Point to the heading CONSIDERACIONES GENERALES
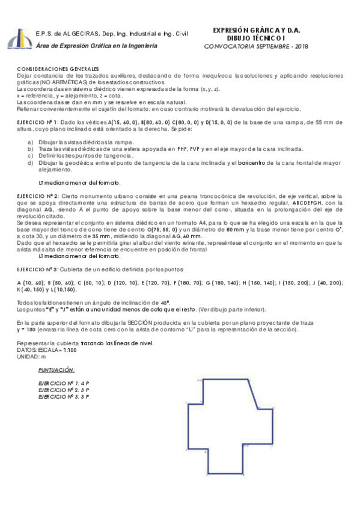[x=58, y=70]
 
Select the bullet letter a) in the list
[x=31, y=141]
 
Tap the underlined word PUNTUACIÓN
[x=56, y=371]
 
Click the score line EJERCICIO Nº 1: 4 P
[x=63, y=383]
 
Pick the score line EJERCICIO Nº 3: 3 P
[x=63, y=396]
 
